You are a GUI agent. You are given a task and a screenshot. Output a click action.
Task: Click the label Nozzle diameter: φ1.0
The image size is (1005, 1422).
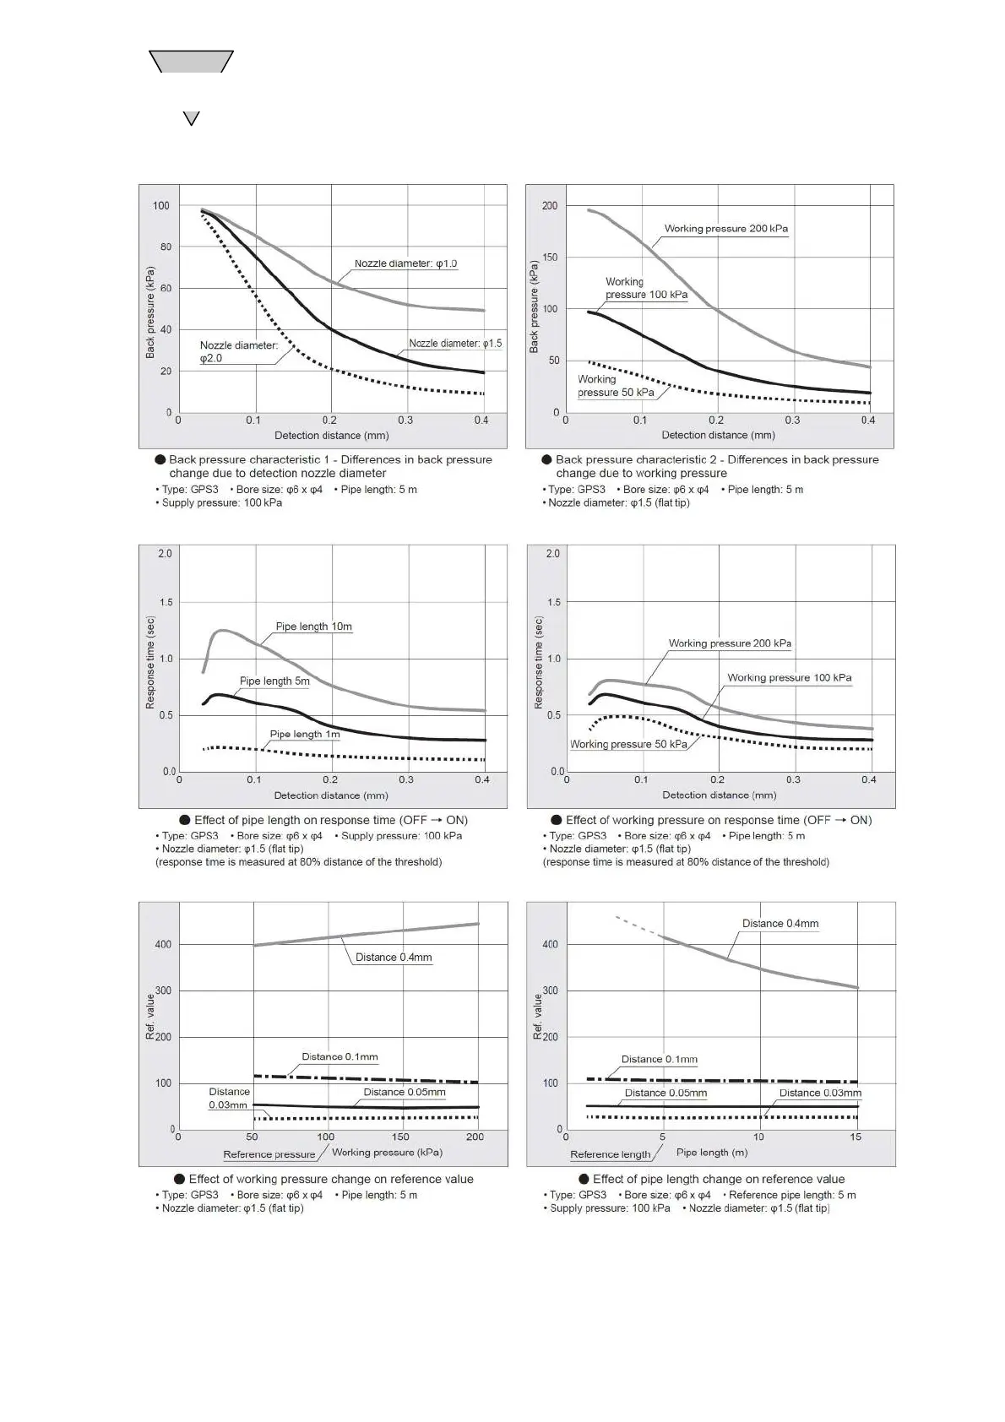[405, 263]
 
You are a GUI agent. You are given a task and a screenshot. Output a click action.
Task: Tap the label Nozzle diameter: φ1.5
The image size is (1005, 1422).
[455, 344]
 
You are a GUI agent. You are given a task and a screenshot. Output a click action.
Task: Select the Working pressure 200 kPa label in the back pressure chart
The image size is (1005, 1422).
[725, 229]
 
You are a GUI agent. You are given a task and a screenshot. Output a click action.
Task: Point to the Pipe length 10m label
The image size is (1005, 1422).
[313, 627]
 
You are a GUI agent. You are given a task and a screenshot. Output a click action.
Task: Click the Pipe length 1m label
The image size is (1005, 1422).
[305, 734]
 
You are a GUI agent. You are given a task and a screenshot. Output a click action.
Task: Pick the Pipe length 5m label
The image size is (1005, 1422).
[274, 681]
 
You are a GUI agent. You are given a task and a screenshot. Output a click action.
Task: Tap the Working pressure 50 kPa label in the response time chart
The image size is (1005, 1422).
[628, 744]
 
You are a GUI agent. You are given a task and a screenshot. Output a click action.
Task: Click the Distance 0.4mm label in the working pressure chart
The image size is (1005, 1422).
[394, 958]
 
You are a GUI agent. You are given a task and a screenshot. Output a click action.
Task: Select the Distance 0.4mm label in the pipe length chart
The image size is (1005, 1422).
[780, 924]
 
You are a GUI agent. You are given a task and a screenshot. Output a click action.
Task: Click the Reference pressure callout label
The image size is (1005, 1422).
[269, 1154]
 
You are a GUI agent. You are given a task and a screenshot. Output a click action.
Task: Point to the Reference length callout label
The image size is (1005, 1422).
[610, 1154]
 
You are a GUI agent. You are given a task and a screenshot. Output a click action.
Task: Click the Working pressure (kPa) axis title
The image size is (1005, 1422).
[387, 1152]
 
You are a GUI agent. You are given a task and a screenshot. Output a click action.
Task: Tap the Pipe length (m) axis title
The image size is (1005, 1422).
[712, 1152]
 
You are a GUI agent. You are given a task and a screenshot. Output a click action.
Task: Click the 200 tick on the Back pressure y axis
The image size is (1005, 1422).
[550, 206]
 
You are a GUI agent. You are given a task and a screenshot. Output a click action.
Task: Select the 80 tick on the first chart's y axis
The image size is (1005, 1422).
[166, 247]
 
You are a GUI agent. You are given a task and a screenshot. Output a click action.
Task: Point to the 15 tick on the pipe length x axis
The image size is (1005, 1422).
[856, 1137]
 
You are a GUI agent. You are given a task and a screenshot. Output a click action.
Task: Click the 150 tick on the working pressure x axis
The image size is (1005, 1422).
[400, 1137]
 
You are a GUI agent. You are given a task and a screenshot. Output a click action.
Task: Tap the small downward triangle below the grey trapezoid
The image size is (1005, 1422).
[192, 118]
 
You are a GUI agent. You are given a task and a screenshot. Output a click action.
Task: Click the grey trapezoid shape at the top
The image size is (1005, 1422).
[191, 62]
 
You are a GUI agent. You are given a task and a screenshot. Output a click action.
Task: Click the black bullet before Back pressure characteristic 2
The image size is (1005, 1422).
[546, 459]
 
